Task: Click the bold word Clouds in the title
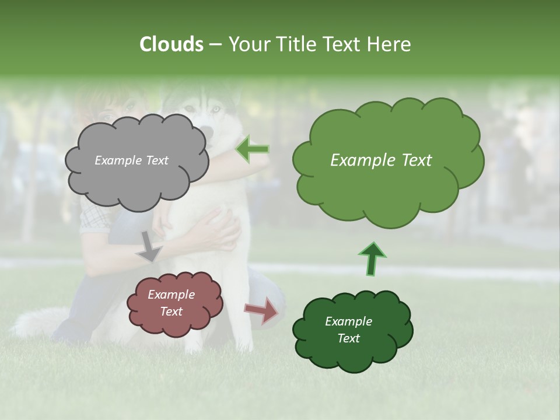click(171, 44)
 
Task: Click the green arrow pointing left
click(253, 149)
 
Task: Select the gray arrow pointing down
click(149, 246)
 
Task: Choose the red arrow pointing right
click(261, 310)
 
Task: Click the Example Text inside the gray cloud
click(131, 160)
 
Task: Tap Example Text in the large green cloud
click(381, 160)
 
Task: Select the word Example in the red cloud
click(171, 295)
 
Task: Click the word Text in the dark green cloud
click(348, 338)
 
